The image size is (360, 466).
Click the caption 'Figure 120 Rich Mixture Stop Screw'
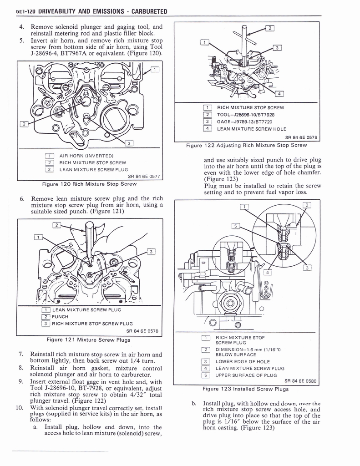tap(89, 184)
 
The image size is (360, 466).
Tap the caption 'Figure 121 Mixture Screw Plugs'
tap(88, 339)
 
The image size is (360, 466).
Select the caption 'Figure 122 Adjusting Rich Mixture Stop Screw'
tap(246, 146)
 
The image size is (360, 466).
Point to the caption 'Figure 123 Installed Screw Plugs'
tap(246, 389)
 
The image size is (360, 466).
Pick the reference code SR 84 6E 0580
tap(300, 381)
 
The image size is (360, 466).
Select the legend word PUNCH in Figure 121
tap(60, 317)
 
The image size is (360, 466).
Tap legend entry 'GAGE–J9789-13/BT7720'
tap(244, 122)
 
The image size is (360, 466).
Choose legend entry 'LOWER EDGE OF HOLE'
tap(243, 361)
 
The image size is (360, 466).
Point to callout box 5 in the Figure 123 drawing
tap(235, 226)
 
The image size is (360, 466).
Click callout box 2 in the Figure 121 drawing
tap(57, 225)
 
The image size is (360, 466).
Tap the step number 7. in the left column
tap(21, 354)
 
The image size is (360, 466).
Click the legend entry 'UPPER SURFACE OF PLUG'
tap(246, 375)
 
